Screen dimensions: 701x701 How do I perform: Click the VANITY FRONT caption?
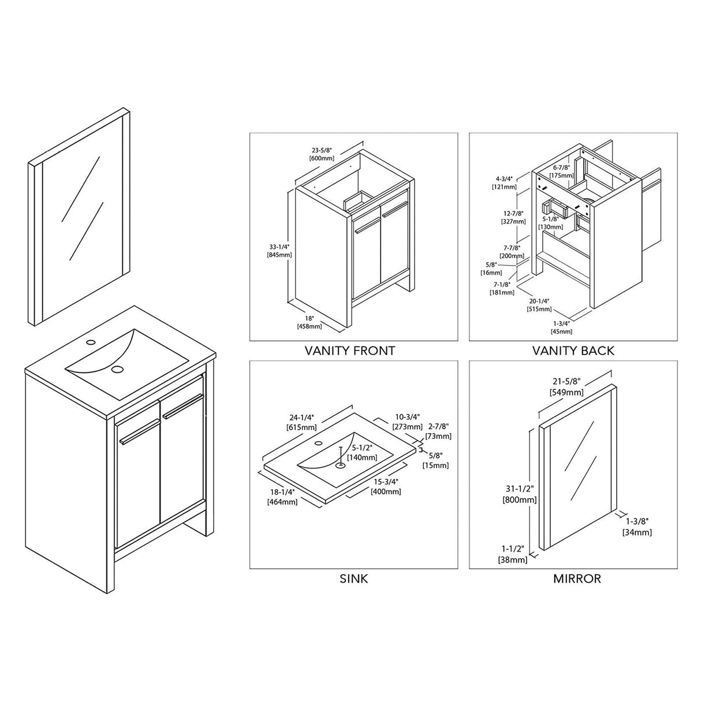[350, 350]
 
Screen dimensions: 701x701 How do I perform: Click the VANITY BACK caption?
[573, 350]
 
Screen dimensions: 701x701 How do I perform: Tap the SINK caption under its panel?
[353, 579]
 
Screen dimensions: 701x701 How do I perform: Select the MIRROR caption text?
[577, 579]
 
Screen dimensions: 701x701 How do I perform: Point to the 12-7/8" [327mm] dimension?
[514, 217]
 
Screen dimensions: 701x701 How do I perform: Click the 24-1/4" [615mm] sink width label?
[301, 423]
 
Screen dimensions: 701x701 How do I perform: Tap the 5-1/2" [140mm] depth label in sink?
[361, 452]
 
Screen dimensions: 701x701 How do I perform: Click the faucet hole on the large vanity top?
[91, 343]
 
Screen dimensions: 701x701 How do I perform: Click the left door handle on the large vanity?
[139, 431]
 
